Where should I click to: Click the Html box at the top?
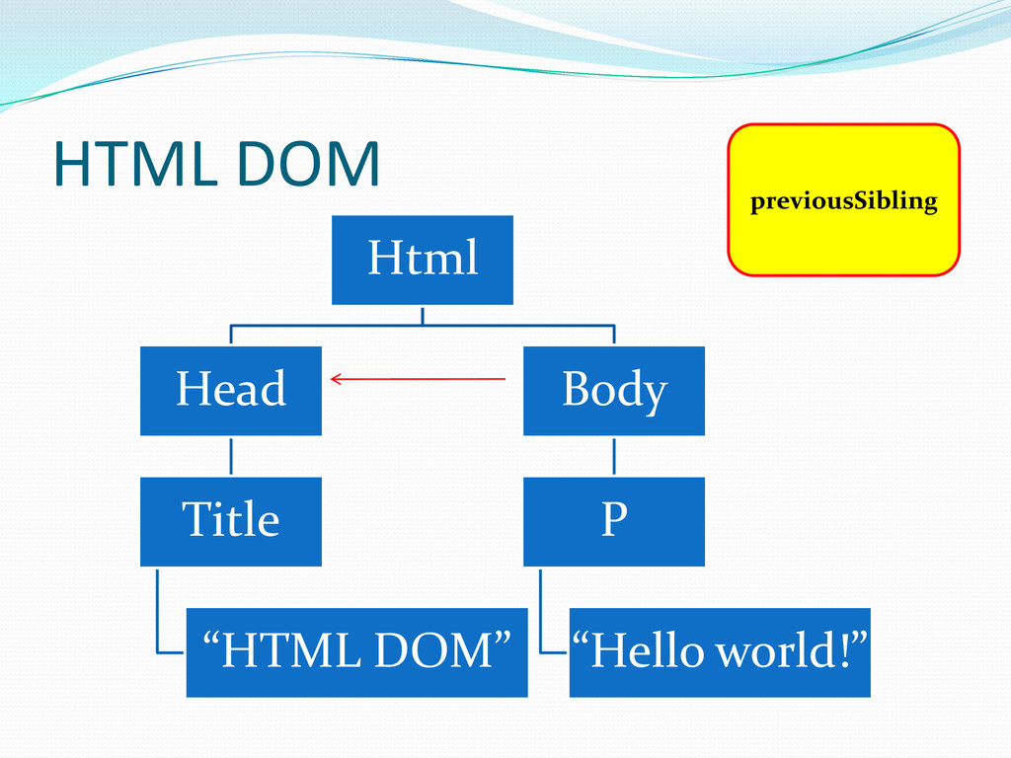point(423,260)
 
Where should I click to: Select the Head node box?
point(231,390)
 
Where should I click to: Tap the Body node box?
point(613,390)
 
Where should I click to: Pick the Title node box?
point(231,521)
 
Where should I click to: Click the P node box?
point(613,521)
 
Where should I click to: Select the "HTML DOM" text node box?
point(356,652)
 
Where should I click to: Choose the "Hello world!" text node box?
point(720,652)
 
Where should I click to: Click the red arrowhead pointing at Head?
point(336,378)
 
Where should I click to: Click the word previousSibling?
point(843,202)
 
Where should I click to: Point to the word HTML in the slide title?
point(132,165)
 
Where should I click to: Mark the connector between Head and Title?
point(231,456)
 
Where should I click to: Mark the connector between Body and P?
point(613,456)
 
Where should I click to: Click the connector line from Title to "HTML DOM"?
point(158,612)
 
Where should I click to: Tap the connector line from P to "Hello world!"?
point(541,612)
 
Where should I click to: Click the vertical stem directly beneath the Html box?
point(423,315)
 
